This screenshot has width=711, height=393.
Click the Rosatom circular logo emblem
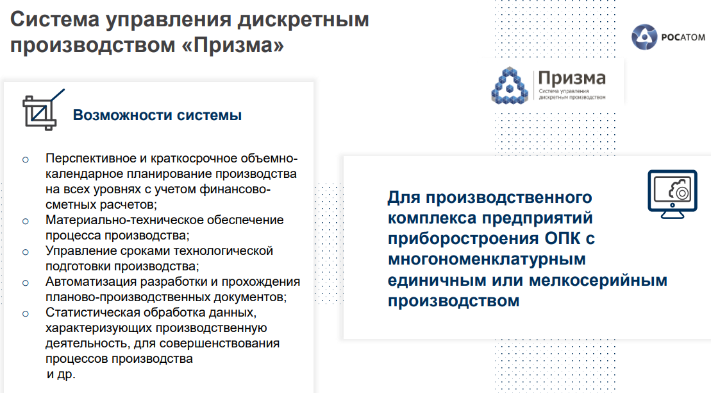(644, 37)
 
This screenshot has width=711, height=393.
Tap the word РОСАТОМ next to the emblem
(683, 37)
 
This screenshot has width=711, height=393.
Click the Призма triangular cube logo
(510, 85)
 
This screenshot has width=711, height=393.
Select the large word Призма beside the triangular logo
(572, 78)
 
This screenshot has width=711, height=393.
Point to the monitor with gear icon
(673, 194)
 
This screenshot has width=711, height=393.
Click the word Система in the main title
(55, 19)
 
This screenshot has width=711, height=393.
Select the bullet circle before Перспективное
(26, 159)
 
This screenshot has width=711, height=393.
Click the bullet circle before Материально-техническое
(26, 222)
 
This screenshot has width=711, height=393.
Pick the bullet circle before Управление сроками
(26, 252)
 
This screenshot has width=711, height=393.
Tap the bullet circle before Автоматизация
(26, 283)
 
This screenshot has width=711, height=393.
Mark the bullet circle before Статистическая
(26, 314)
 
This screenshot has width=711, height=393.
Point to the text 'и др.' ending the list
(61, 374)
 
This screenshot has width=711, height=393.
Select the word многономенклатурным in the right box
(487, 259)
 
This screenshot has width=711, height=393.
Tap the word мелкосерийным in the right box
(598, 280)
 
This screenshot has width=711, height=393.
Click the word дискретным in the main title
(303, 21)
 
